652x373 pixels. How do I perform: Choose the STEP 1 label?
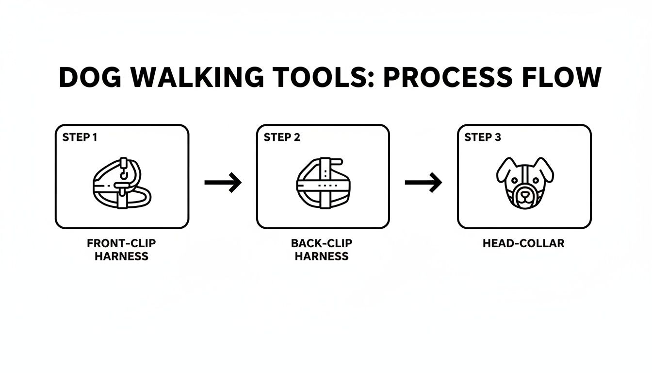click(x=80, y=137)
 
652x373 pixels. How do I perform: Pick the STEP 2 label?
click(x=282, y=137)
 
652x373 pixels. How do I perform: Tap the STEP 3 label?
click(x=483, y=137)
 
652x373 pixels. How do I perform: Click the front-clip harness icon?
click(x=121, y=183)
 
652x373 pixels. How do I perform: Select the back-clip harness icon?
click(x=323, y=183)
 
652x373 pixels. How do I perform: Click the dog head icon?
click(x=524, y=183)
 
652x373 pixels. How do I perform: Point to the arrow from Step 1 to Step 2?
click(x=223, y=183)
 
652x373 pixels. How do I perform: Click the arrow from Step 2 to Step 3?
click(x=423, y=183)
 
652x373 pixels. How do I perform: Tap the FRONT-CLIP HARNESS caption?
click(x=121, y=250)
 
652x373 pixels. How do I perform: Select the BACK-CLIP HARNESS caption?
click(x=322, y=250)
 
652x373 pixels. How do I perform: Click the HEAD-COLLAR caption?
click(x=523, y=243)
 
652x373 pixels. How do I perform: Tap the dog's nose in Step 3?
click(x=524, y=192)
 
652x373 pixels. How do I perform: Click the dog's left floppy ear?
click(x=504, y=170)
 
